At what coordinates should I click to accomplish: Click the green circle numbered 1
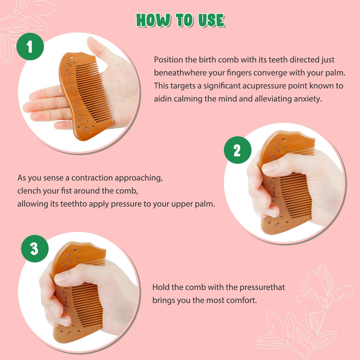(30, 46)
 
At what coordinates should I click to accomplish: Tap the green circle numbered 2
(237, 150)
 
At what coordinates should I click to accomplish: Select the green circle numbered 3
(35, 249)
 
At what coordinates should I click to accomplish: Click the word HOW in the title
(153, 20)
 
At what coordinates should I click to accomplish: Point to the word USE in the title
(211, 20)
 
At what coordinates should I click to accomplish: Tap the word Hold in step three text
(161, 287)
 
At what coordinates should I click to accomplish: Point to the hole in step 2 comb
(283, 139)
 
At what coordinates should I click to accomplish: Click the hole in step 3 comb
(75, 250)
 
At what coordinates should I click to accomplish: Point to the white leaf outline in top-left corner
(20, 26)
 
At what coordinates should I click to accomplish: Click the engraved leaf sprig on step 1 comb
(86, 129)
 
